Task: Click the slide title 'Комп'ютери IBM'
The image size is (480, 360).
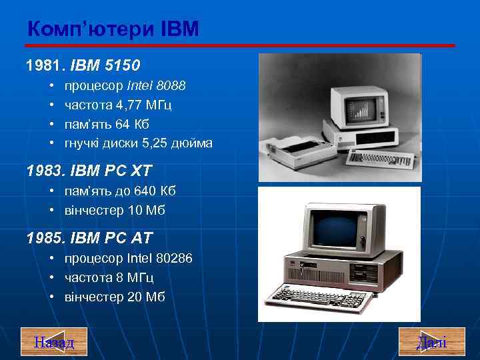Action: coord(113,30)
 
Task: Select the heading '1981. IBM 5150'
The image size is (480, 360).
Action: coord(83,66)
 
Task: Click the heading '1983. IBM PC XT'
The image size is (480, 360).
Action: coord(89,171)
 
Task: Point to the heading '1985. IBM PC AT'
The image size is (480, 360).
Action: coord(89,237)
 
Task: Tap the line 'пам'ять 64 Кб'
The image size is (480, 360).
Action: coord(106,124)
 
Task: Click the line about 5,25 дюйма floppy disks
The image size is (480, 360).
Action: coord(138,143)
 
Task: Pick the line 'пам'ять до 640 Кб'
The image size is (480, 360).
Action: coord(120,191)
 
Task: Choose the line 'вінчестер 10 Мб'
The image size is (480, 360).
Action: coord(114,211)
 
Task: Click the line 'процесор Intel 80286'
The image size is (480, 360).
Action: coord(128,258)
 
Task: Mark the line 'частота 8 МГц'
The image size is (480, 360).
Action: coord(109,277)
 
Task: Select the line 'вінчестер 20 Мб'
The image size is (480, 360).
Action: coord(114,297)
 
